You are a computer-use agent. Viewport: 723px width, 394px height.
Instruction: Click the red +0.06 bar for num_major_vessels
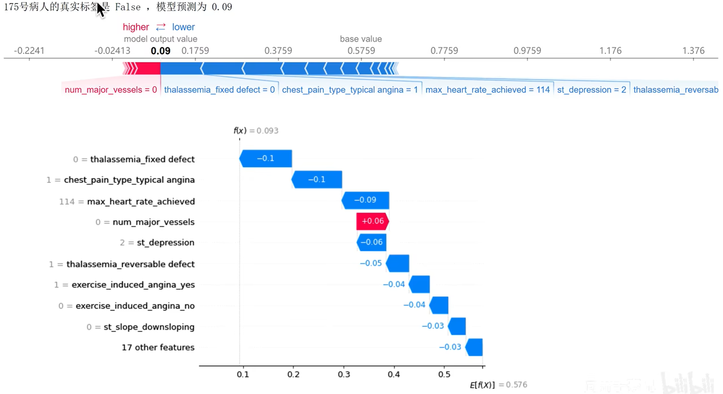[373, 221]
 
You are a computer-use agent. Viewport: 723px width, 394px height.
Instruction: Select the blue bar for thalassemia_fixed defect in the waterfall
[266, 159]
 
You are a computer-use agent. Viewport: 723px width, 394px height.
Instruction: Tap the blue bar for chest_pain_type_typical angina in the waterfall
[317, 180]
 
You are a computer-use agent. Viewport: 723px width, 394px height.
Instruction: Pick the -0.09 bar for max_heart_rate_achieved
[365, 200]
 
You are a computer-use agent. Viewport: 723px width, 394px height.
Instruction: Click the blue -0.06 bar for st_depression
[371, 242]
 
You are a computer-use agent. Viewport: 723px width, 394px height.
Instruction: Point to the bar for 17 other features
[474, 347]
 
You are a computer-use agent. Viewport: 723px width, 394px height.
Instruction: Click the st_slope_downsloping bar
[457, 326]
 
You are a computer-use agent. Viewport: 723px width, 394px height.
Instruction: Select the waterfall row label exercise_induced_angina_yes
[133, 285]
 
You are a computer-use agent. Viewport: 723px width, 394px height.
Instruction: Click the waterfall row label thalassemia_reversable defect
[130, 264]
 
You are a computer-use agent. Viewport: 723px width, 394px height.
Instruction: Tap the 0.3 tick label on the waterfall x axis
[344, 375]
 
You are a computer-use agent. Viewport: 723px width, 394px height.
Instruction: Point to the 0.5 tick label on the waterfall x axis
[444, 375]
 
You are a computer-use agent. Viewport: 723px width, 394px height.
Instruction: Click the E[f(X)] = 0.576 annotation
[498, 385]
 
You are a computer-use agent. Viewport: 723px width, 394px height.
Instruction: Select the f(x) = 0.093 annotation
[256, 131]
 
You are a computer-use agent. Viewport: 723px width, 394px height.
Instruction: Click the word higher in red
[136, 27]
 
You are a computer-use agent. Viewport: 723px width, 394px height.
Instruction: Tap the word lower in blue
[183, 27]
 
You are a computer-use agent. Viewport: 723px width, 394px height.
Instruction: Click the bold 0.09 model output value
[160, 51]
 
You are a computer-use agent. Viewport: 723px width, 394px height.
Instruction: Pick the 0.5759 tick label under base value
[361, 51]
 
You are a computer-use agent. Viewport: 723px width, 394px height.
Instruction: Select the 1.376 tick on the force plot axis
[693, 51]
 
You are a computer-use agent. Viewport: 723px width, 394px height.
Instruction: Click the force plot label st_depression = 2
[591, 90]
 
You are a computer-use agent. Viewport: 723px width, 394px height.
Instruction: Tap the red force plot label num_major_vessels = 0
[111, 90]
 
